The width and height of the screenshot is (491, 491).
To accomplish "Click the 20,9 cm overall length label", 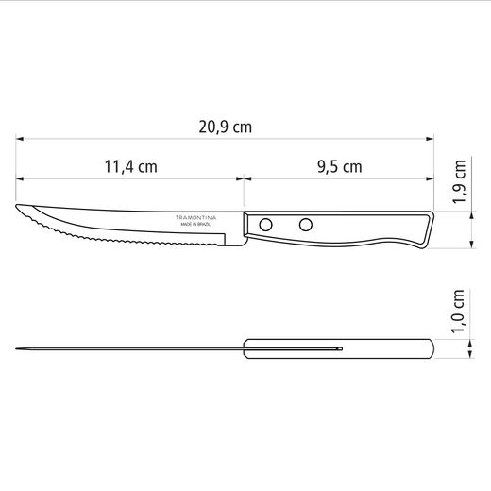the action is [226, 127].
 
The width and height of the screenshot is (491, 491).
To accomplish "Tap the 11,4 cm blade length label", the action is [130, 167].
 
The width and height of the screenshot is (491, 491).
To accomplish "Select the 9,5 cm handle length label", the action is [340, 167].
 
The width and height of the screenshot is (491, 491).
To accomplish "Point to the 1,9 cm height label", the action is [459, 181].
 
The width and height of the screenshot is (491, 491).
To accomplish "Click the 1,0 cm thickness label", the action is [458, 311].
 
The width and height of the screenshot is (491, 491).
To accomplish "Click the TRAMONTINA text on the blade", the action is [195, 217].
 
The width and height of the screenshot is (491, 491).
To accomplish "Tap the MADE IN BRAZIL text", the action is [195, 225].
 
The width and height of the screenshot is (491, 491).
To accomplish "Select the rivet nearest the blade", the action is [265, 225].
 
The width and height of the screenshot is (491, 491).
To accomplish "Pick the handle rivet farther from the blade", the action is [306, 225].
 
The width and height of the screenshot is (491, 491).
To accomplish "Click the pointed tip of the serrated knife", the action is [16, 205].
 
